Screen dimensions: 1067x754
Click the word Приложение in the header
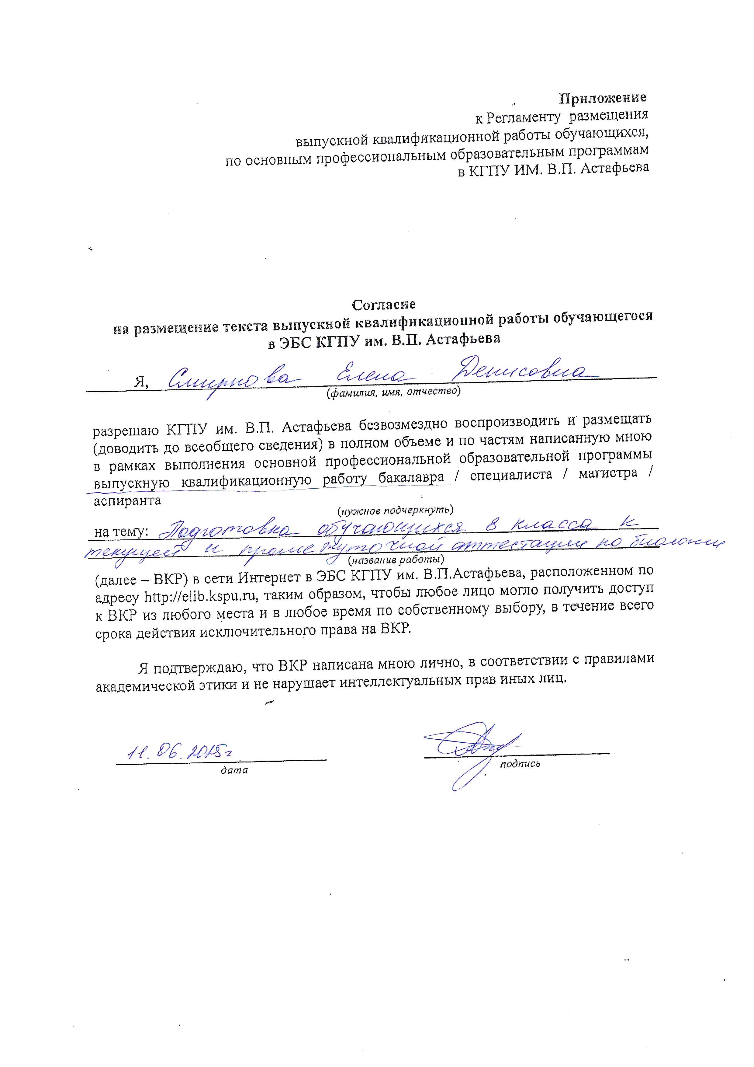(x=602, y=98)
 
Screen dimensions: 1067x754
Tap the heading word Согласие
(x=383, y=305)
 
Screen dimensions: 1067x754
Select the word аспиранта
(x=128, y=501)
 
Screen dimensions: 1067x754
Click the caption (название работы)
(x=396, y=560)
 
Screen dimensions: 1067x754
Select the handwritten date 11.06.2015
(x=179, y=752)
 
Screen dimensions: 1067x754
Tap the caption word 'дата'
(x=234, y=770)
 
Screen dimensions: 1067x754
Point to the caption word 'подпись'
(x=520, y=764)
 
